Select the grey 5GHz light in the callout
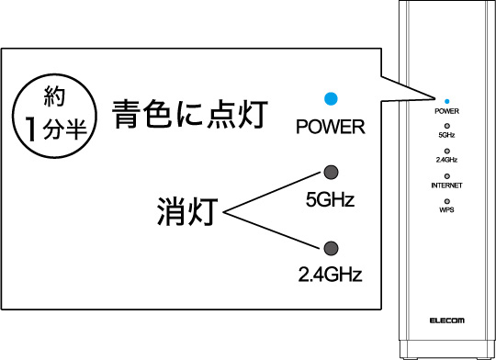pos(331,174)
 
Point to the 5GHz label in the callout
pos(330,199)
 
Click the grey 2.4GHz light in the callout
pos(331,247)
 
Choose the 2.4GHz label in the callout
pos(330,273)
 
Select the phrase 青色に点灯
pos(189,115)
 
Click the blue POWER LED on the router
pos(447,100)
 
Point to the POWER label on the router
pos(447,110)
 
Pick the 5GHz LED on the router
pos(447,125)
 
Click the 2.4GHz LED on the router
pos(447,150)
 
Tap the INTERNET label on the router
pos(447,185)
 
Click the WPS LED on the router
pos(447,199)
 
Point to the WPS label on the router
pos(447,209)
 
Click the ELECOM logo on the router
pos(447,321)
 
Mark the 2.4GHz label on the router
pos(447,160)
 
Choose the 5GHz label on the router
pos(447,135)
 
